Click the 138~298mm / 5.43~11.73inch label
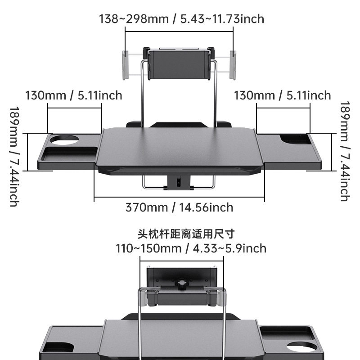click(181, 19)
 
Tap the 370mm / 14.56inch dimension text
click(179, 207)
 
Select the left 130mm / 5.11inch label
click(73, 95)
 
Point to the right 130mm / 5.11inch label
click(283, 95)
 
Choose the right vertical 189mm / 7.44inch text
click(345, 151)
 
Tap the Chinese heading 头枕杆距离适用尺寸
click(186, 234)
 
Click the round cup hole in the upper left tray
click(63, 139)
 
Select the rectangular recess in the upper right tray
click(295, 139)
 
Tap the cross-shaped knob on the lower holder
click(182, 285)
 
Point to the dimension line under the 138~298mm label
click(179, 31)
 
